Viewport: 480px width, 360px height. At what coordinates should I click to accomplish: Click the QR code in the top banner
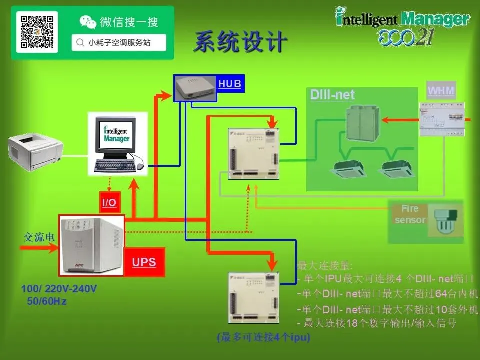tap(37, 32)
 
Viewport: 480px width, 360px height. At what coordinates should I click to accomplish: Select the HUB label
tap(230, 84)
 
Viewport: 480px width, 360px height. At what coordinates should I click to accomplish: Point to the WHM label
tap(441, 91)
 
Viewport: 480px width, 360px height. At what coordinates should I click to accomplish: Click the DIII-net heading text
tap(332, 95)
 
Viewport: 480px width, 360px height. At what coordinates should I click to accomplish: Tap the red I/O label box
tap(109, 202)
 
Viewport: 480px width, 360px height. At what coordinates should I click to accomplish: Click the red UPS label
tap(144, 262)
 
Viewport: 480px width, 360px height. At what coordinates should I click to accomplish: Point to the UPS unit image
tap(91, 245)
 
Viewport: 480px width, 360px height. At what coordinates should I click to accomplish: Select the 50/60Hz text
tap(46, 302)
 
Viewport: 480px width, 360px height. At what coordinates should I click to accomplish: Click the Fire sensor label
tap(410, 214)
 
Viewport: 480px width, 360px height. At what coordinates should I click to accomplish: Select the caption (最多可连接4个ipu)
tap(263, 338)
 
